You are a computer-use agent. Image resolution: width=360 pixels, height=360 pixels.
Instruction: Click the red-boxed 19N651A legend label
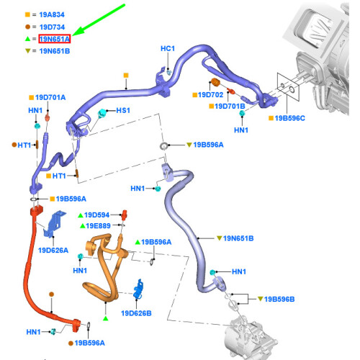(x=55, y=39)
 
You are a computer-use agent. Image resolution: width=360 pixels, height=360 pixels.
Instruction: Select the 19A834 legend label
(x=52, y=14)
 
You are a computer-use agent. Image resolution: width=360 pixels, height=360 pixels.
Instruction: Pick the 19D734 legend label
(x=52, y=27)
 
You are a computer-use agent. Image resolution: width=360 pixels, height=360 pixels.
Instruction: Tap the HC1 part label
(x=168, y=48)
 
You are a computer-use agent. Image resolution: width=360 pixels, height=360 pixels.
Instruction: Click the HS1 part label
(x=123, y=110)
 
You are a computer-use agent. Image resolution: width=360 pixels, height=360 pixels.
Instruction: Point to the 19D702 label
(x=211, y=95)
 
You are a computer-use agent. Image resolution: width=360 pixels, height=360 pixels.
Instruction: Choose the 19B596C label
(x=289, y=118)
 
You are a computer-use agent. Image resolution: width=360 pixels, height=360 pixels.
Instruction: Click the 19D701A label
(x=50, y=97)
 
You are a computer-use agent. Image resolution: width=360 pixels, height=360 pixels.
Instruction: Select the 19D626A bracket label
(x=53, y=251)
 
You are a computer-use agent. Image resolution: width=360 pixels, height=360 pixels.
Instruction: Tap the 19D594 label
(x=96, y=215)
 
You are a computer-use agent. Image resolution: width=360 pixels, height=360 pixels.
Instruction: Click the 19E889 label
(x=98, y=226)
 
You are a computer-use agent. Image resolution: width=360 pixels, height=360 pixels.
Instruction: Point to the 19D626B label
(x=136, y=313)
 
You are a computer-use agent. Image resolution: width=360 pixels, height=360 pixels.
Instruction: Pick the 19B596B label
(x=279, y=300)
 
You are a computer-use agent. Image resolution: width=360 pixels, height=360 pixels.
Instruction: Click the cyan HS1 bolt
(x=102, y=113)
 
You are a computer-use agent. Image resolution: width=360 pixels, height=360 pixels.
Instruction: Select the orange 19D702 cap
(x=215, y=82)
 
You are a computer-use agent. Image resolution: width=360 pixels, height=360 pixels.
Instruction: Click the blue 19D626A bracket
(x=54, y=224)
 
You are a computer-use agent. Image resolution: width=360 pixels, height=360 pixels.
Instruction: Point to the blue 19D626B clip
(x=139, y=289)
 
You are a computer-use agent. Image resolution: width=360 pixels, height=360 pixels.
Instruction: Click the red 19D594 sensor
(x=124, y=215)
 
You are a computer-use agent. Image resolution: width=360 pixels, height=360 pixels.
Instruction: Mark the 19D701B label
(x=230, y=106)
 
